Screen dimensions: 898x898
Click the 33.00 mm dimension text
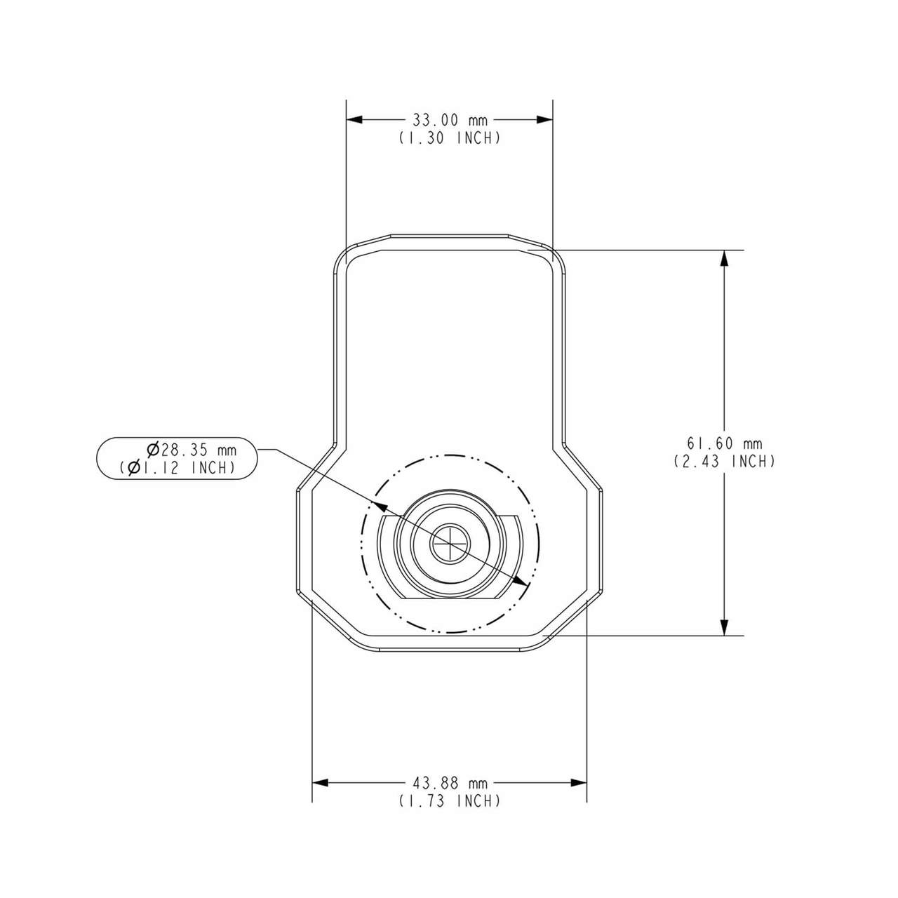[450, 121]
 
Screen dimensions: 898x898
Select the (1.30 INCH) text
[450, 138]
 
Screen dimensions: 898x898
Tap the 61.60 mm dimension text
[724, 443]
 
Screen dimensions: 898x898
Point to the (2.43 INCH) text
[724, 462]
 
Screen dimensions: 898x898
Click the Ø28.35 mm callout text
[192, 450]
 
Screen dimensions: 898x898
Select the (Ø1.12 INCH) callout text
[177, 467]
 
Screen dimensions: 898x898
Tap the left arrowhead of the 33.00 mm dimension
[354, 120]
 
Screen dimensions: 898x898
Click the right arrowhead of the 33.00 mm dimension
[544, 120]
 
